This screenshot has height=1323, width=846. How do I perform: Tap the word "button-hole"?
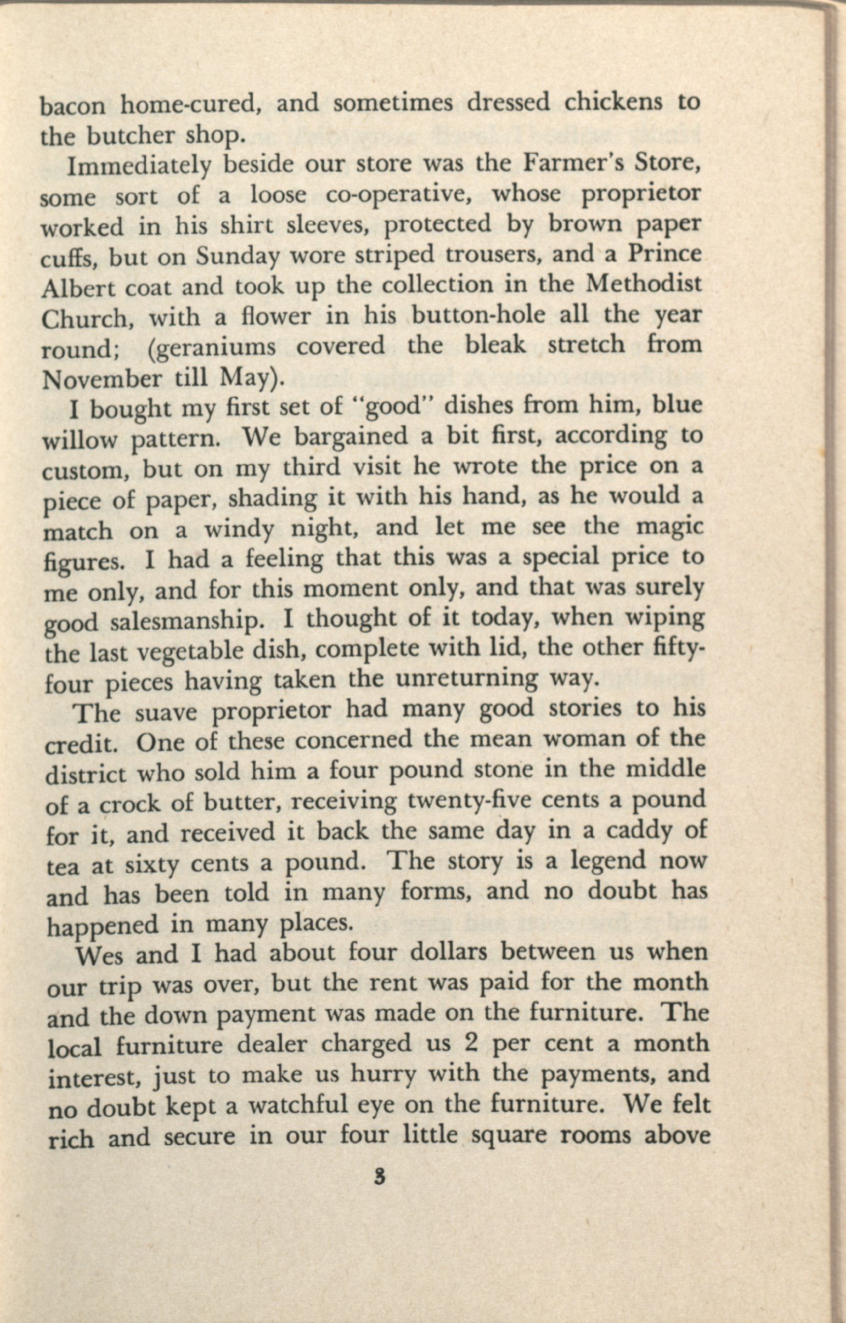click(478, 316)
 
